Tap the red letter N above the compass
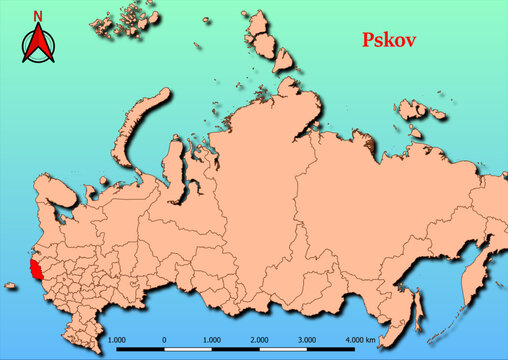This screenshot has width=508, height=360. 38,16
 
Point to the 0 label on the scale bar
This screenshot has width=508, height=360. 164,340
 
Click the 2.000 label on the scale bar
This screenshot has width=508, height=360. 260,340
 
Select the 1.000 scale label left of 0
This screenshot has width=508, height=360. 115,340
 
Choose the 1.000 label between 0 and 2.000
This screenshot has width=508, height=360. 212,340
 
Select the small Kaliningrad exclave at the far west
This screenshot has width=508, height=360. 9,286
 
